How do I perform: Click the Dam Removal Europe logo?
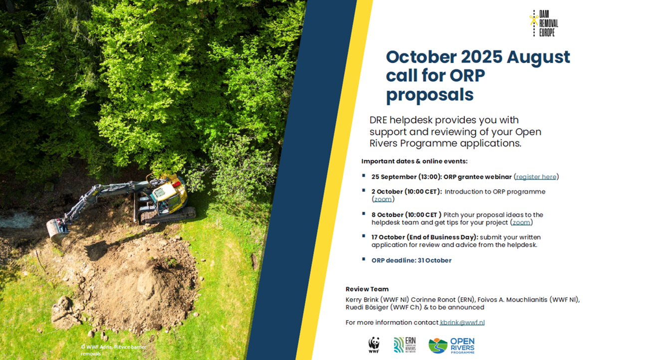[544, 23]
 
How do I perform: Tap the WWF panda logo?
[374, 345]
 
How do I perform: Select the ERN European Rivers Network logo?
[405, 345]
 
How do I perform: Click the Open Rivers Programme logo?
[451, 346]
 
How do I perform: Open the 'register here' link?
[536, 177]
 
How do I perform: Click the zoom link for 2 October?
[383, 199]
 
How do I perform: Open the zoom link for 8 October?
[521, 222]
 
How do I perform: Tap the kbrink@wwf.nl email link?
[462, 322]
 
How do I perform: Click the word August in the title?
[538, 57]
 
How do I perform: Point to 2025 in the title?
[481, 57]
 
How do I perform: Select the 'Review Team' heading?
[367, 289]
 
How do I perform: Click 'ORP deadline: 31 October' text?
[412, 260]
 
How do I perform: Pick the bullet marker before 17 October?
[364, 236]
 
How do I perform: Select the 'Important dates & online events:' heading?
[415, 162]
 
